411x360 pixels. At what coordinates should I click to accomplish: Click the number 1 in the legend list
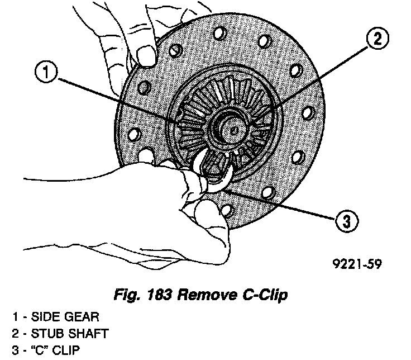click(15, 317)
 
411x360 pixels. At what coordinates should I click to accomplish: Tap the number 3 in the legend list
click(15, 350)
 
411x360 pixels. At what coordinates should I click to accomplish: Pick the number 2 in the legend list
click(15, 334)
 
